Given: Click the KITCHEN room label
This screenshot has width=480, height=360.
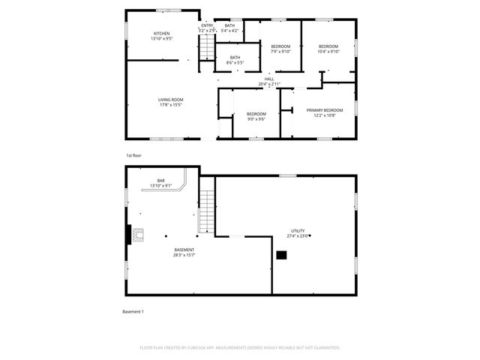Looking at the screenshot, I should pyautogui.click(x=162, y=35).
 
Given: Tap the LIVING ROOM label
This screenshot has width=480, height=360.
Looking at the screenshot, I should pyautogui.click(x=170, y=102).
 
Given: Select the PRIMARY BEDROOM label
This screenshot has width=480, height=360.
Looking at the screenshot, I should pyautogui.click(x=324, y=112).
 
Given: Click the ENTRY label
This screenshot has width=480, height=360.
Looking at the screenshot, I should pyautogui.click(x=208, y=27).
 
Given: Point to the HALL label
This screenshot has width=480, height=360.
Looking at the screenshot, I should pyautogui.click(x=269, y=81).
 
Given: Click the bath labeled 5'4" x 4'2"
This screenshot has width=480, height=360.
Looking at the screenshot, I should pyautogui.click(x=229, y=28).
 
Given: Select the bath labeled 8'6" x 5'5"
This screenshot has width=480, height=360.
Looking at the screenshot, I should pyautogui.click(x=235, y=59).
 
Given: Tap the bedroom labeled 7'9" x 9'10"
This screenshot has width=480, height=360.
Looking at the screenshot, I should pyautogui.click(x=280, y=49).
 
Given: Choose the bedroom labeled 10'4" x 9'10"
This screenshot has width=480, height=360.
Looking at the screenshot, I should pyautogui.click(x=328, y=49).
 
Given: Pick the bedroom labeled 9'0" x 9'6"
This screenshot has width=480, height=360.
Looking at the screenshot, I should pyautogui.click(x=256, y=116).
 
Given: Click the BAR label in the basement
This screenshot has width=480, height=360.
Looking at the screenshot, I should pyautogui.click(x=161, y=182).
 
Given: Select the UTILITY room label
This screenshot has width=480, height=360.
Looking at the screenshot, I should pyautogui.click(x=298, y=233).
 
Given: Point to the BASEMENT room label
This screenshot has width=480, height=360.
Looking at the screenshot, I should pyautogui.click(x=184, y=252).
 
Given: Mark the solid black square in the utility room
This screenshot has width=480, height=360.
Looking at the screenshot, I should pyautogui.click(x=281, y=255).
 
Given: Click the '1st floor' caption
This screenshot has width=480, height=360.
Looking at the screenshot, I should pyautogui.click(x=133, y=155).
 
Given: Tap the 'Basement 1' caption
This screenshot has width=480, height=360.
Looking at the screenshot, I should pyautogui.click(x=133, y=311).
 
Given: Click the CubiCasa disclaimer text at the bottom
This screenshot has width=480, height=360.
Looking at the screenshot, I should pyautogui.click(x=240, y=347).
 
